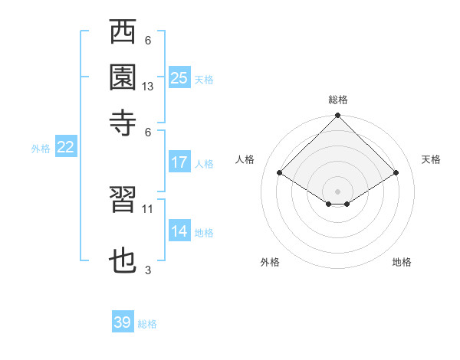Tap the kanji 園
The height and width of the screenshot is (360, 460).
click(123, 77)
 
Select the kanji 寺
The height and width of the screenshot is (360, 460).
click(123, 122)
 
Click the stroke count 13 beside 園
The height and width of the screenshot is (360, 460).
click(148, 87)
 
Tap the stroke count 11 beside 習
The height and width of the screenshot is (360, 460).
click(148, 208)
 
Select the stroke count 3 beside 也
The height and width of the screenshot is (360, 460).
click(148, 270)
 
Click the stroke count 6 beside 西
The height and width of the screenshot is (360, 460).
click(148, 41)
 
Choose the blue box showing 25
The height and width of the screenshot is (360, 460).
click(179, 77)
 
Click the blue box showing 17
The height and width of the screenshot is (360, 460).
click(179, 162)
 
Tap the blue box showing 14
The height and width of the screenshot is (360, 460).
click(179, 231)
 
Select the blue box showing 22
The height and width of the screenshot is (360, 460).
click(65, 148)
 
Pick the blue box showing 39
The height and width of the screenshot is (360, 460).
click(122, 322)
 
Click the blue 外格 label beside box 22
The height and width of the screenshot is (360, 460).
click(41, 149)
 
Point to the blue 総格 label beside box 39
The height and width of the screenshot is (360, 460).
click(147, 324)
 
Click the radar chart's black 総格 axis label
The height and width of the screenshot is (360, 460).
click(338, 100)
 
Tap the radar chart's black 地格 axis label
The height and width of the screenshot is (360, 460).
click(402, 262)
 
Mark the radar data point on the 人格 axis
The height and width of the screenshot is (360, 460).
click(280, 173)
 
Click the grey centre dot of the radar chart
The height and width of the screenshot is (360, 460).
click(337, 191)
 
